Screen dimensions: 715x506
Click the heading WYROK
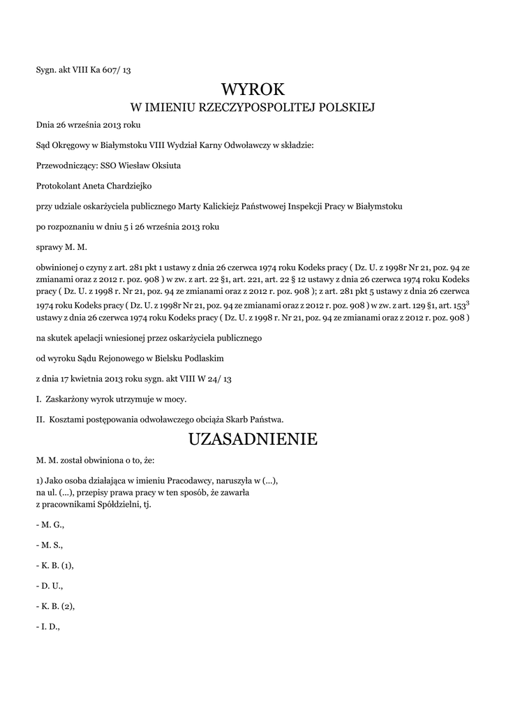pyautogui.click(x=253, y=89)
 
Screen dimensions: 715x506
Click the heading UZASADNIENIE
pyautogui.click(x=253, y=439)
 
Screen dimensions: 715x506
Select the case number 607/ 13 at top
pyautogui.click(x=116, y=71)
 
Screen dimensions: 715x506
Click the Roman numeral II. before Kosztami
pyautogui.click(x=40, y=420)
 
